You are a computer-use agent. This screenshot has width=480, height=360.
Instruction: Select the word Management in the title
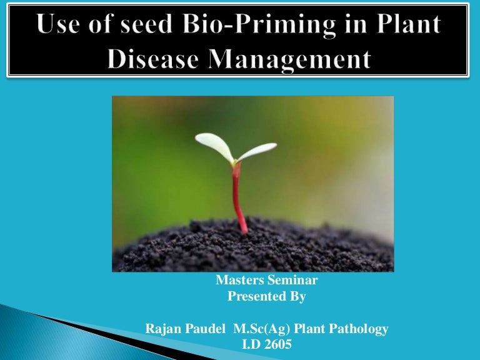(287, 60)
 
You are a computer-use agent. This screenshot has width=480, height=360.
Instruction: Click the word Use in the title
(60, 26)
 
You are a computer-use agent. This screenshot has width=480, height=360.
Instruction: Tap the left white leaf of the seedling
(214, 145)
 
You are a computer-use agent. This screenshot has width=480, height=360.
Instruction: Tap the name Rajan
(161, 329)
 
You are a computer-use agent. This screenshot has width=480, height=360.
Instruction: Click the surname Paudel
(204, 329)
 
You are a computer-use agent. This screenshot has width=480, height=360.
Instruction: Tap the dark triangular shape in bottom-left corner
(37, 325)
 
